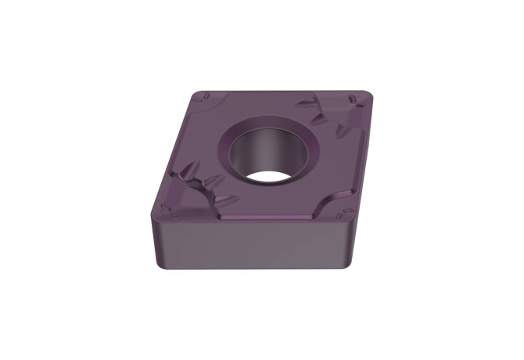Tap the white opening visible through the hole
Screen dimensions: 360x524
(270, 176)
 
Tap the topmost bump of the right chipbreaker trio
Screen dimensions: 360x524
(307, 103)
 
